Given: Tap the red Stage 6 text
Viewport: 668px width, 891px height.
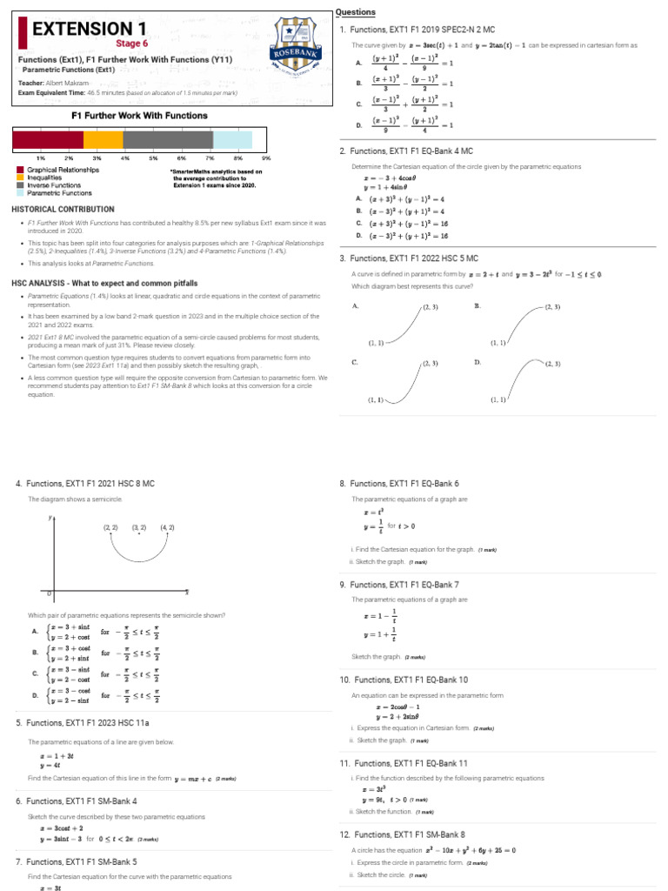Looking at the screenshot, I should [131, 44].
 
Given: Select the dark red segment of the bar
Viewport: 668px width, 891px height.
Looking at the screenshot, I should [48, 140].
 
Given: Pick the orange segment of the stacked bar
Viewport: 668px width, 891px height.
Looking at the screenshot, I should [103, 140].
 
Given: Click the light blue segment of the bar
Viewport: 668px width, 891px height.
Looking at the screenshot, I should [232, 140].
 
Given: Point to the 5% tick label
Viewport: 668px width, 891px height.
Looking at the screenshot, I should [152, 157].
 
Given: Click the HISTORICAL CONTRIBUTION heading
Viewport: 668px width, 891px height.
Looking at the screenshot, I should [63, 210].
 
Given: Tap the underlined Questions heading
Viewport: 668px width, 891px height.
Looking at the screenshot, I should [356, 12].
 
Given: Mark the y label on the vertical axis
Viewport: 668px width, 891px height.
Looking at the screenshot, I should [50, 517].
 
